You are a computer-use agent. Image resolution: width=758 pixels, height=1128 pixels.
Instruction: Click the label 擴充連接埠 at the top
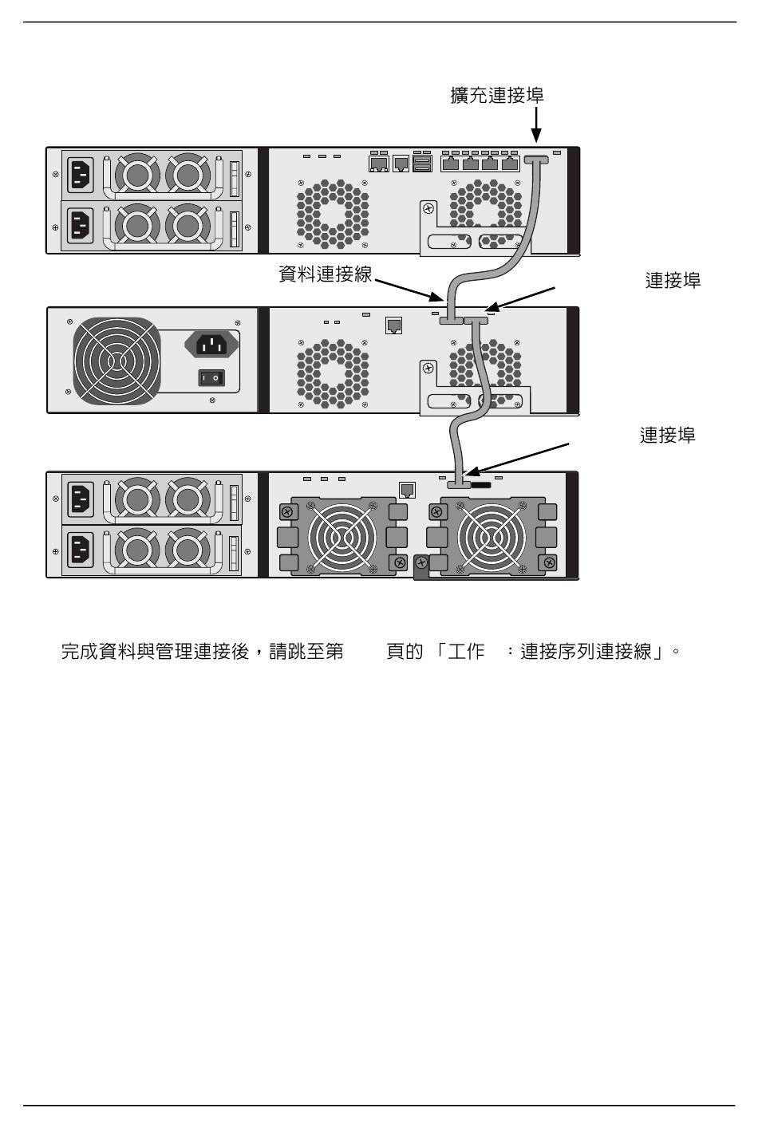[x=496, y=95]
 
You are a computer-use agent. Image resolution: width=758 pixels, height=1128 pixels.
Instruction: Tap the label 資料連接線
[x=326, y=274]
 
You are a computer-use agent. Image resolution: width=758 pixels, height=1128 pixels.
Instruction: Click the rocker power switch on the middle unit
[x=211, y=377]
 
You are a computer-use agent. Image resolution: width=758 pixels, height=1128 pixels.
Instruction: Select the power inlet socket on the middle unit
[x=211, y=345]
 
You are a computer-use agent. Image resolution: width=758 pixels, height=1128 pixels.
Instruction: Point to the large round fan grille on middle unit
[x=116, y=361]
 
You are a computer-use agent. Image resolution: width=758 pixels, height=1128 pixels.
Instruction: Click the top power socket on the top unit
[x=80, y=174]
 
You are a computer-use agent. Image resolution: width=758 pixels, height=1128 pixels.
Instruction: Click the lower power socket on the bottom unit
[x=80, y=550]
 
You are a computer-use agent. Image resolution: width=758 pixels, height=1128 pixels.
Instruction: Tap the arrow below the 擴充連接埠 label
[x=536, y=124]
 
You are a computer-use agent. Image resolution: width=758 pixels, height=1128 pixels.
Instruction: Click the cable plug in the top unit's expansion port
[x=536, y=160]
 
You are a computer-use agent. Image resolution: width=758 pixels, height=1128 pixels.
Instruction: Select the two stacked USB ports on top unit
[x=421, y=164]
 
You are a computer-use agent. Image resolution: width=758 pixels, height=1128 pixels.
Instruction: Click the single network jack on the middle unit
[x=393, y=325]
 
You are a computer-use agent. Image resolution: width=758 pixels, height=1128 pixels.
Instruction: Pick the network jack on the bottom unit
[x=407, y=490]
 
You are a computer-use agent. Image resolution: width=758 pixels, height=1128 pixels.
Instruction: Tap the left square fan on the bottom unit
[x=342, y=537]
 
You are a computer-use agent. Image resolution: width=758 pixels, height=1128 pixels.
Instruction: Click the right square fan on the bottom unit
[x=492, y=537]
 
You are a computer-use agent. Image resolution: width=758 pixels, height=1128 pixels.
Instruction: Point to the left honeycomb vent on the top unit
[x=333, y=214]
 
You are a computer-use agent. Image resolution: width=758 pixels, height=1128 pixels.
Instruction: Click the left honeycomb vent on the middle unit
[x=333, y=373]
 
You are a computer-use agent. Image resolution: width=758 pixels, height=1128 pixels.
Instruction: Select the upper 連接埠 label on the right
[x=673, y=281]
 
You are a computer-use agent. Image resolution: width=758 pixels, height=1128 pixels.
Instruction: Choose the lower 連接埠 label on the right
[x=667, y=435]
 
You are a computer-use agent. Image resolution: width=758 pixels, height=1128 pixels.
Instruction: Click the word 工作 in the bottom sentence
[x=466, y=651]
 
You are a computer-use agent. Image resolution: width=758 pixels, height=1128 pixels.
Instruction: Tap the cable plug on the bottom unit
[x=458, y=484]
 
